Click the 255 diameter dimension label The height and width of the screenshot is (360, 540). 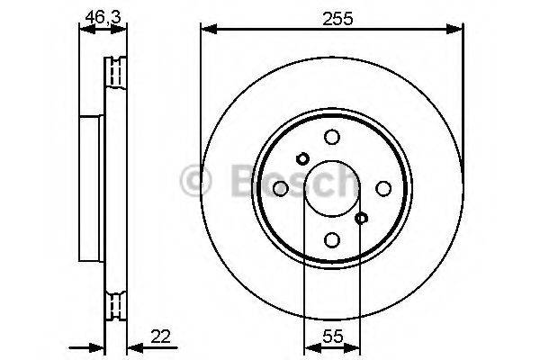click(x=333, y=15)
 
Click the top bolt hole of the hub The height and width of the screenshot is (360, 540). click(x=332, y=137)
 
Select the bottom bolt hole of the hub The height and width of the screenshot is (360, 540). click(x=332, y=239)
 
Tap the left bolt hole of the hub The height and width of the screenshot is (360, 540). click(x=281, y=188)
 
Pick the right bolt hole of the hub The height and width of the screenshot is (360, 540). click(x=383, y=188)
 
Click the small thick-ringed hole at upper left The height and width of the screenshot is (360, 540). click(x=302, y=158)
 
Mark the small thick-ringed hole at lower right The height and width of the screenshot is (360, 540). click(x=362, y=218)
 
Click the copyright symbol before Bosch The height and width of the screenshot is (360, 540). click(x=195, y=181)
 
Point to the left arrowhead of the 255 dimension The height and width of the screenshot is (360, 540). click(x=206, y=30)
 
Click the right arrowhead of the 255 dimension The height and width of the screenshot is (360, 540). click(x=458, y=30)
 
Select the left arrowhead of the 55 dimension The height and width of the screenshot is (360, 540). click(x=309, y=348)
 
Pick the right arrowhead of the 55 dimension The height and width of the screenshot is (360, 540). click(x=356, y=348)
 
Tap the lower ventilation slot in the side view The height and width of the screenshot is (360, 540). click(x=115, y=306)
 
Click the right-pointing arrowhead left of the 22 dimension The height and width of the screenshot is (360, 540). click(x=98, y=348)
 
